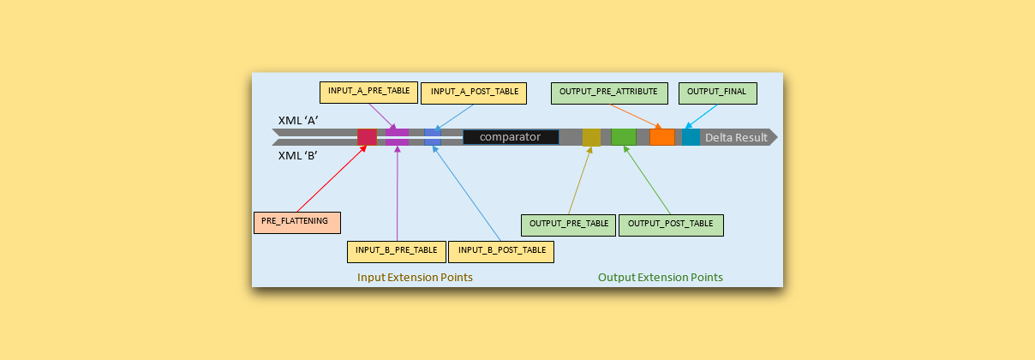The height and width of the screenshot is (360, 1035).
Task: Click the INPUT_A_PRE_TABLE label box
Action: pyautogui.click(x=368, y=92)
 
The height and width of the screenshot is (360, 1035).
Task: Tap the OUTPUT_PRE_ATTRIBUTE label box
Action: pyautogui.click(x=607, y=92)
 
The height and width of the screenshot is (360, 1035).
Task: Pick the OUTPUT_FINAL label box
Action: pyautogui.click(x=717, y=92)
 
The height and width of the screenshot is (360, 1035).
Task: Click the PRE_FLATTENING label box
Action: pyautogui.click(x=296, y=222)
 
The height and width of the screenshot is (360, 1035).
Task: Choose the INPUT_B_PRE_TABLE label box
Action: pyautogui.click(x=397, y=250)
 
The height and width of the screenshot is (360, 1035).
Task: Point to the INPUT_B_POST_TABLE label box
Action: pyautogui.click(x=501, y=250)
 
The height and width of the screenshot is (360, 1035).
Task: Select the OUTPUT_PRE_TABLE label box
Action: pyautogui.click(x=568, y=225)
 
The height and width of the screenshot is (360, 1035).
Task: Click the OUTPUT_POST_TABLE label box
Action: pyautogui.click(x=670, y=225)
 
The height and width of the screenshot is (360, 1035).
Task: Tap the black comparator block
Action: pyautogui.click(x=511, y=137)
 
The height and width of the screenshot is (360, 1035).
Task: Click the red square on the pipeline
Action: pyautogui.click(x=367, y=137)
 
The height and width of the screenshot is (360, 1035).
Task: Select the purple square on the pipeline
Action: pyautogui.click(x=397, y=137)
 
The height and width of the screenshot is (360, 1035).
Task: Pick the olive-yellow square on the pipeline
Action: pyautogui.click(x=591, y=137)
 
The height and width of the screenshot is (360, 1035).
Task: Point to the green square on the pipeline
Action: pyautogui.click(x=624, y=137)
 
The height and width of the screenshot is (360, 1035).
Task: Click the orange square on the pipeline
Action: pyautogui.click(x=661, y=137)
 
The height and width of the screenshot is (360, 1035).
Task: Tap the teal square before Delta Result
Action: pyautogui.click(x=691, y=137)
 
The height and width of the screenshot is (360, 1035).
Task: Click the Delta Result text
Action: pyautogui.click(x=736, y=137)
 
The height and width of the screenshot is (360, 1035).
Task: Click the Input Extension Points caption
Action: pyautogui.click(x=415, y=278)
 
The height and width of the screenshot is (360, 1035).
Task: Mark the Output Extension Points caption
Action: pyautogui.click(x=660, y=278)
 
